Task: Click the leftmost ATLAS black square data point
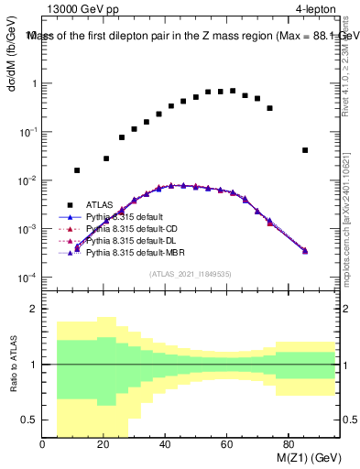pyautogui.click(x=77, y=170)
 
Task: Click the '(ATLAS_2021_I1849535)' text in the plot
pyautogui.click(x=191, y=273)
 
